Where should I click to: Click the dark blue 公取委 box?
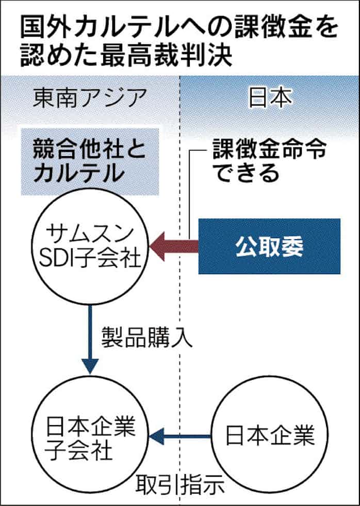pyautogui.click(x=269, y=246)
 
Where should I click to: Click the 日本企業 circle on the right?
pyautogui.click(x=270, y=436)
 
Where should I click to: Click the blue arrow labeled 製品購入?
pyautogui.click(x=91, y=340)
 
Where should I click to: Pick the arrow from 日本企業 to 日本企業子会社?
pyautogui.click(x=181, y=436)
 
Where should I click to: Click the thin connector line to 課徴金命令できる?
pyautogui.click(x=191, y=196)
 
